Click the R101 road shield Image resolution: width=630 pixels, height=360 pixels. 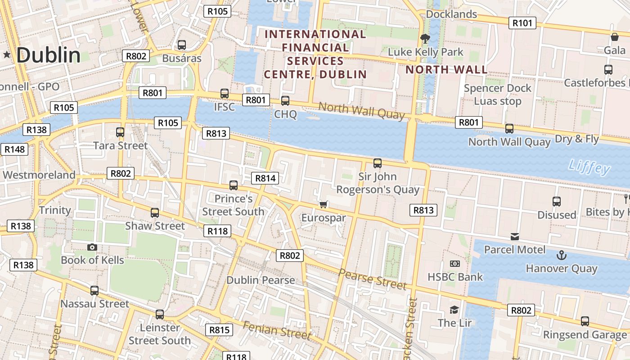pyautogui.click(x=522, y=23)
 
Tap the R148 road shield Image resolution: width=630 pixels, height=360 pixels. pyautogui.click(x=14, y=149)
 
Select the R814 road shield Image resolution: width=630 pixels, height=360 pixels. pyautogui.click(x=265, y=178)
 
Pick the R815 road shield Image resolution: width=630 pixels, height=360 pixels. pyautogui.click(x=220, y=330)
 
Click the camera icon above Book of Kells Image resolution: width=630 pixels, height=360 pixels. pyautogui.click(x=92, y=247)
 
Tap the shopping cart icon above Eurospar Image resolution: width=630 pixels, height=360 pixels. pyautogui.click(x=323, y=205)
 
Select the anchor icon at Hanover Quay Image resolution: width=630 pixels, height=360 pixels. pyautogui.click(x=561, y=256)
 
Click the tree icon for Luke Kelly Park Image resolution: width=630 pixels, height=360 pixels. pyautogui.click(x=424, y=39)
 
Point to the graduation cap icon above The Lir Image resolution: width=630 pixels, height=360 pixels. pyautogui.click(x=454, y=310)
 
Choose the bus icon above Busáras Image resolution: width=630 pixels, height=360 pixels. pyautogui.click(x=182, y=45)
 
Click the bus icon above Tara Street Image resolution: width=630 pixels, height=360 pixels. pyautogui.click(x=120, y=132)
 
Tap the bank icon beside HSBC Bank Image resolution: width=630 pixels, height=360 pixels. pyautogui.click(x=455, y=264)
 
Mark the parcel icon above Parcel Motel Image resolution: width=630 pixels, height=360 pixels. pyautogui.click(x=515, y=237)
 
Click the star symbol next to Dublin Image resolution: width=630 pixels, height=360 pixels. pyautogui.click(x=7, y=55)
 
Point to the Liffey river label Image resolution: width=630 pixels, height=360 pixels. pyautogui.click(x=589, y=167)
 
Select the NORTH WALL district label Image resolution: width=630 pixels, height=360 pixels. pyautogui.click(x=446, y=70)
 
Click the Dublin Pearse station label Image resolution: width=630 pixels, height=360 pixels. pyautogui.click(x=261, y=280)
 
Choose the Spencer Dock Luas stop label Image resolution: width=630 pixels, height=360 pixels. pyautogui.click(x=498, y=94)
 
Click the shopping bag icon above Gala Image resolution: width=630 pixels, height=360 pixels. pyautogui.click(x=615, y=37)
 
